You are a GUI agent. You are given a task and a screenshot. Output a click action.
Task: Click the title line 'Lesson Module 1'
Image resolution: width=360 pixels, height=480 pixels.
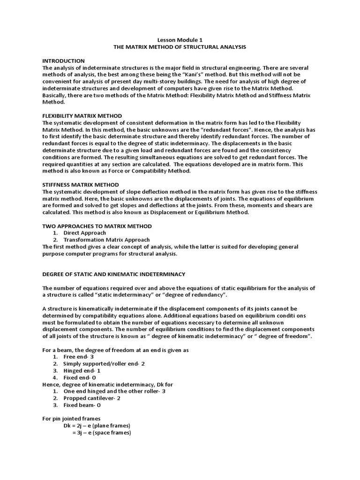(x=180, y=40)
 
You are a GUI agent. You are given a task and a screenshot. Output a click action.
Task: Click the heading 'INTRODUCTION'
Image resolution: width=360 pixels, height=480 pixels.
(x=63, y=61)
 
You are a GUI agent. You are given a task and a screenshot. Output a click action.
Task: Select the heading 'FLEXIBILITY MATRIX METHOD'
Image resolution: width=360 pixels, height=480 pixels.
(x=82, y=116)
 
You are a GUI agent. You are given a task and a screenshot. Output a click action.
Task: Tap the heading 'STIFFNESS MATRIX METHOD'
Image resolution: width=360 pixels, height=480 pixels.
(x=80, y=185)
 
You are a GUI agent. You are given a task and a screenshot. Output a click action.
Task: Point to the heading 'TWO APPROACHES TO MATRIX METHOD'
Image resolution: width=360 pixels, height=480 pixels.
(x=97, y=226)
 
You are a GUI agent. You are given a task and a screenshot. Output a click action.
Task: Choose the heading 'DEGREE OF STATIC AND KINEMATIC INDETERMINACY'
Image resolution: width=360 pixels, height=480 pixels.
(x=114, y=274)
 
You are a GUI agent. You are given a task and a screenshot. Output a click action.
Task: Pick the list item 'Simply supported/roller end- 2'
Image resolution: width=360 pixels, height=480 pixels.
(x=104, y=364)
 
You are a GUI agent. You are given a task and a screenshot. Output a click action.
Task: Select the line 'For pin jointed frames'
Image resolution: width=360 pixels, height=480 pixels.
(x=71, y=419)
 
